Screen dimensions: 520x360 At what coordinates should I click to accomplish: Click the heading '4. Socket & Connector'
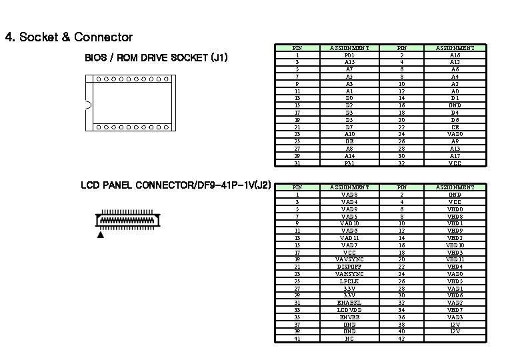[x=69, y=37]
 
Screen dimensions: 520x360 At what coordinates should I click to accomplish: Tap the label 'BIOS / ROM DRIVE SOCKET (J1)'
[x=157, y=58]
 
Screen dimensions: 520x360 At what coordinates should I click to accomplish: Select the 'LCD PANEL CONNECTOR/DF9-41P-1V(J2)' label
[x=175, y=185]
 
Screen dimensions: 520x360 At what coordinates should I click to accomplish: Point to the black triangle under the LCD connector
[x=101, y=235]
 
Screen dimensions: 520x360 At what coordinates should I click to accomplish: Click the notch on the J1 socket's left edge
[x=87, y=103]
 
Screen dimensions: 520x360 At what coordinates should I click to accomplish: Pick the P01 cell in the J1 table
[x=349, y=55]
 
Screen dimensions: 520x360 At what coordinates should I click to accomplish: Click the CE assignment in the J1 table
[x=455, y=127]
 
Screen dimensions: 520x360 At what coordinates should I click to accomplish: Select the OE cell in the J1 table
[x=349, y=141]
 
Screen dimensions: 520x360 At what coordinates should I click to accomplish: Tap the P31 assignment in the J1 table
[x=349, y=163]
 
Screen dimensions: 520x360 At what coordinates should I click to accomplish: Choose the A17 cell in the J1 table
[x=455, y=156]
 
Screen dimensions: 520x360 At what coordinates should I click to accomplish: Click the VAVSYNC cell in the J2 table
[x=349, y=259]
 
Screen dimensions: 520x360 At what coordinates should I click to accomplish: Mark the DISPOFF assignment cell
[x=349, y=266]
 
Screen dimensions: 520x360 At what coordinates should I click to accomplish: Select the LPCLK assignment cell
[x=349, y=281]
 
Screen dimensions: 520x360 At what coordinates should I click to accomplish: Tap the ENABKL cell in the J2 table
[x=349, y=302]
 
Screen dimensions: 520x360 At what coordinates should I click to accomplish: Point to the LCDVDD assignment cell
[x=349, y=309]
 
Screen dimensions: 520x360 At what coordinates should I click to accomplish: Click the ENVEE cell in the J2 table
[x=349, y=317]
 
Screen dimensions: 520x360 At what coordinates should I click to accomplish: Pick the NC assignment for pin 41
[x=349, y=339]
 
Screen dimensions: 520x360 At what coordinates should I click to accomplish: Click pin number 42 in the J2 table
[x=401, y=339]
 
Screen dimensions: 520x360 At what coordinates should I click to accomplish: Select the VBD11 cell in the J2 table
[x=455, y=259]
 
